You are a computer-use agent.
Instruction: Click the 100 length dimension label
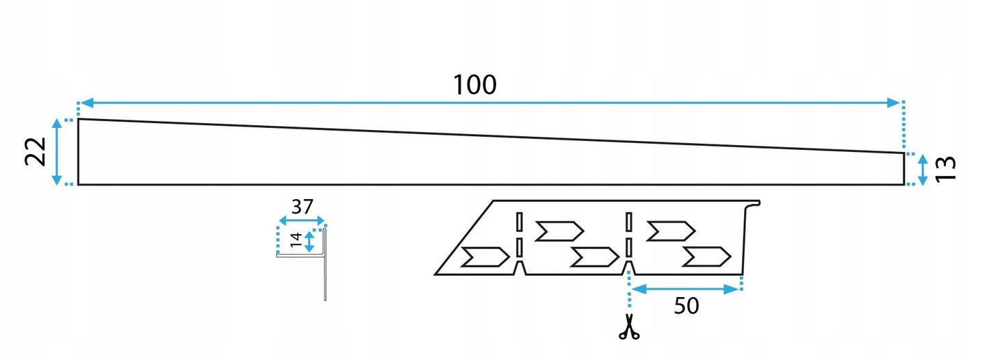click(475, 85)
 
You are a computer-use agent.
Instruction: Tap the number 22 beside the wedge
click(36, 151)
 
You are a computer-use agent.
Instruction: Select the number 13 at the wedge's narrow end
click(946, 168)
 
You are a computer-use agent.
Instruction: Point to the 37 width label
click(303, 207)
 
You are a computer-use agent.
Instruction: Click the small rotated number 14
click(296, 240)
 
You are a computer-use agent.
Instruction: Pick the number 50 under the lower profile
click(686, 306)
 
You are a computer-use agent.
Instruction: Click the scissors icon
click(629, 327)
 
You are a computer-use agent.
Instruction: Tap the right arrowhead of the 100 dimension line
click(893, 103)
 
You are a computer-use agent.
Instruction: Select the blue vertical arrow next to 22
click(57, 151)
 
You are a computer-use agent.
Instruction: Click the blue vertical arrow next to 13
click(923, 169)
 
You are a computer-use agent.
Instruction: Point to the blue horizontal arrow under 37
click(302, 220)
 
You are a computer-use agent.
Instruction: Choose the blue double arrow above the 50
click(686, 290)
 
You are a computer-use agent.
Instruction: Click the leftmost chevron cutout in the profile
click(485, 257)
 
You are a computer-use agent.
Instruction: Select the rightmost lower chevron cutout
click(706, 257)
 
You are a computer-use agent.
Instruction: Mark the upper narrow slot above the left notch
click(519, 222)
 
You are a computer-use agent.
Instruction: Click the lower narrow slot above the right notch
click(629, 248)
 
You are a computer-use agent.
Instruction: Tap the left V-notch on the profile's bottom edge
click(519, 268)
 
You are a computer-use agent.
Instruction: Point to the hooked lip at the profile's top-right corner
click(754, 204)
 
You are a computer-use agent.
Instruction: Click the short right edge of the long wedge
click(904, 169)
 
